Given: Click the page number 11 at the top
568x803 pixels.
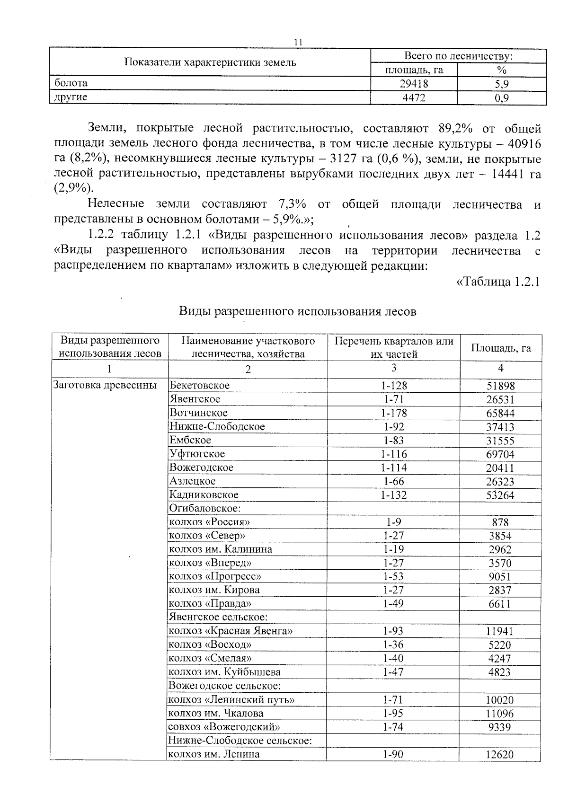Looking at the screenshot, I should click(298, 42).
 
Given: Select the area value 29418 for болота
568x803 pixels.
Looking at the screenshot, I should click(414, 84).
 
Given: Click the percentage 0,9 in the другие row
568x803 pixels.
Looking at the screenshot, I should click(501, 98).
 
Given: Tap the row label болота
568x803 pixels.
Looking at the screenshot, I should click(71, 83).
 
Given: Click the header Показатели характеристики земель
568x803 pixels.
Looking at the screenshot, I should click(210, 62).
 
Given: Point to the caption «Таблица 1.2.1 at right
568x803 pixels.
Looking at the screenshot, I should click(497, 282).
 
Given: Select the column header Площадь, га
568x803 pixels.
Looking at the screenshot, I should click(501, 348).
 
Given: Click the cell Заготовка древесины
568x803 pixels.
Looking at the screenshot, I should click(105, 385).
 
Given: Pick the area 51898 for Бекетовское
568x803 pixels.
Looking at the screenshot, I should click(500, 386).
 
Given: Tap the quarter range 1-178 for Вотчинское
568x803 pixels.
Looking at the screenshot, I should click(394, 413).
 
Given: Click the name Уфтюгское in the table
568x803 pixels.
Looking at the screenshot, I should click(197, 454).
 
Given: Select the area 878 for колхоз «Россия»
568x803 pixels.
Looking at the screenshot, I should click(500, 522).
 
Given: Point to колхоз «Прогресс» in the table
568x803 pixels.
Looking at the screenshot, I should click(215, 576).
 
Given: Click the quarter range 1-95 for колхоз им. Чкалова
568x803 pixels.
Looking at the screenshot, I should click(393, 714).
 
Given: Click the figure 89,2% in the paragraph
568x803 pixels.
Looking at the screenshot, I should click(456, 129).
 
